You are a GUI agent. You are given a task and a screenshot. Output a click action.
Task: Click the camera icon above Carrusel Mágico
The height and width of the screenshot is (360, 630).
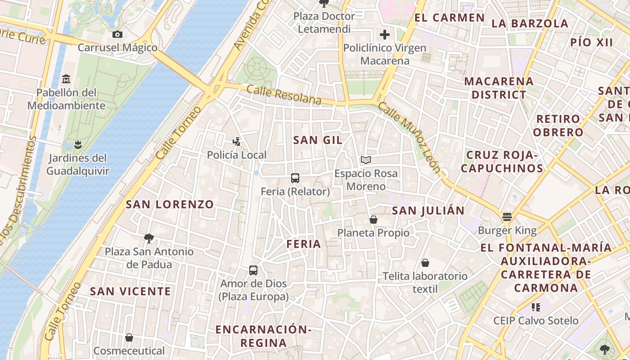tap(117, 34)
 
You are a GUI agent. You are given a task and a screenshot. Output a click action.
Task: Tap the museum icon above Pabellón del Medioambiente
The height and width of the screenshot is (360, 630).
tap(66, 79)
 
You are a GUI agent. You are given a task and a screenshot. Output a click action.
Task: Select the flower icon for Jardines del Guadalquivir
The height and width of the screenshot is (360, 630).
tap(78, 144)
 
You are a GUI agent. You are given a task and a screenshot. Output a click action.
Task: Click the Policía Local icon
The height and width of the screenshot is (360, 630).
tap(237, 142)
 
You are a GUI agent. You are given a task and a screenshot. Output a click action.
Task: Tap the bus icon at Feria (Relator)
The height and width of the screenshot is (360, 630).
tap(295, 178)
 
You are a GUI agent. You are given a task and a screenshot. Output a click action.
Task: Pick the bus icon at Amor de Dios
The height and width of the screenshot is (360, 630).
tap(253, 270)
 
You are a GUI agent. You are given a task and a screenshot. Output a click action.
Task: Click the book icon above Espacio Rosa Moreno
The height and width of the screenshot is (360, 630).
tap(366, 160)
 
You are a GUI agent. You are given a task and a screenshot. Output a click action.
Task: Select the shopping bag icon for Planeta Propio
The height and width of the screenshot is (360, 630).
tap(373, 220)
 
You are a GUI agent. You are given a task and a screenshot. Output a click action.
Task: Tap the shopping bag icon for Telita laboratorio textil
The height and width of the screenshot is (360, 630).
tap(425, 263)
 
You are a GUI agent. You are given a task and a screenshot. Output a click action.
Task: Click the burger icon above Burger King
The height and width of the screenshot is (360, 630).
tap(507, 217)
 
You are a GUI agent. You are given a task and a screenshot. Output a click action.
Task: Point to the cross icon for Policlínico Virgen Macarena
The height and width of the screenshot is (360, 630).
tap(385, 35)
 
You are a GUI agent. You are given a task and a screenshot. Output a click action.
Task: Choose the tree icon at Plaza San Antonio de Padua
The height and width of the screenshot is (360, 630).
tap(149, 238)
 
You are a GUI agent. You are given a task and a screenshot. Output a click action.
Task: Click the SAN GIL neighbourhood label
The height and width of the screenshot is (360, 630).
tap(318, 140)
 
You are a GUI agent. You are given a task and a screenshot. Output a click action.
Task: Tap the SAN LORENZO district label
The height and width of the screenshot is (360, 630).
tap(170, 204)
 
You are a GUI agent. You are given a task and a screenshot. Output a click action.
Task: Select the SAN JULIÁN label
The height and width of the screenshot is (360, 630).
tap(428, 211)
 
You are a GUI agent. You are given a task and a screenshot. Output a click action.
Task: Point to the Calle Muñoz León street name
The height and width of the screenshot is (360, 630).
tap(409, 137)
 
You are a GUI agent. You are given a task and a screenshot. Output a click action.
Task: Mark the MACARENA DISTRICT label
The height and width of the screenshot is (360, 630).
tap(499, 88)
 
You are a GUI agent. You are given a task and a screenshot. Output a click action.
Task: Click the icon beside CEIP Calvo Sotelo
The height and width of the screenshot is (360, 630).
tap(535, 307)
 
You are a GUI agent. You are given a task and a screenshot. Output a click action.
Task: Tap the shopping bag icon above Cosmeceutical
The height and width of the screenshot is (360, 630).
tap(129, 337)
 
